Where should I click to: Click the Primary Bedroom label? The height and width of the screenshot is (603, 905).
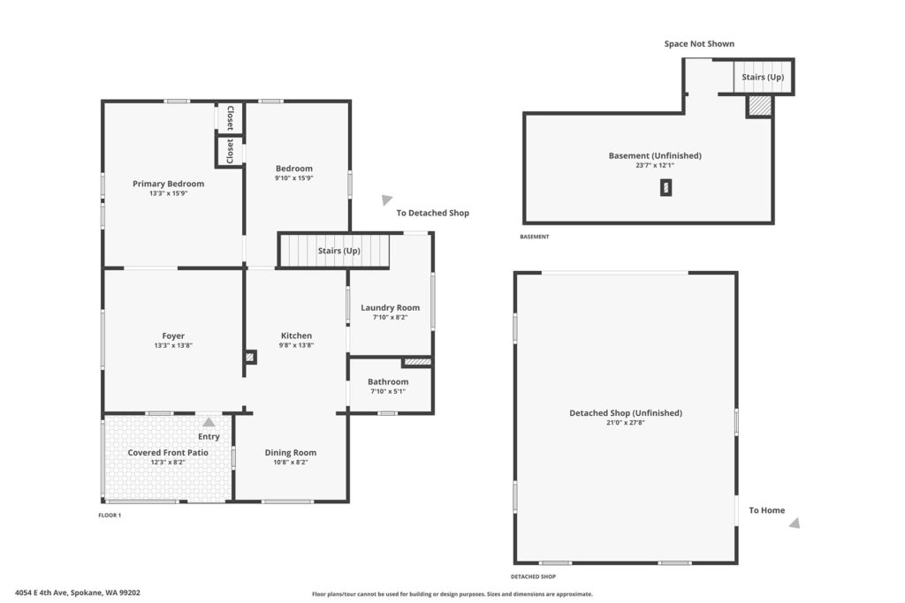click(169, 184)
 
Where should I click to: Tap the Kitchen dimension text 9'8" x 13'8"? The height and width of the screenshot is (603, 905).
click(297, 345)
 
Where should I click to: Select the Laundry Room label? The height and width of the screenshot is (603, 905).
click(390, 308)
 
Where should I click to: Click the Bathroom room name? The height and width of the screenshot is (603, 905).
click(388, 381)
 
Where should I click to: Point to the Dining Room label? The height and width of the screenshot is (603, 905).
click(290, 453)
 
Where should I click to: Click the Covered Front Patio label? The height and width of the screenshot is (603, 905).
click(168, 453)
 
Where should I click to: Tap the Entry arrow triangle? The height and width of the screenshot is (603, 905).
click(209, 422)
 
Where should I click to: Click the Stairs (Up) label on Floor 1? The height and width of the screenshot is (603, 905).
click(338, 251)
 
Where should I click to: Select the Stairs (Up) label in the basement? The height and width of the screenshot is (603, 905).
click(763, 77)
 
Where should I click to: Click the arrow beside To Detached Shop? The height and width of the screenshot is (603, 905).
click(387, 200)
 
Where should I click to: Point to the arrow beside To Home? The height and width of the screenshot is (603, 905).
click(795, 523)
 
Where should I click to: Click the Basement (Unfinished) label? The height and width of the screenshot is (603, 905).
click(655, 155)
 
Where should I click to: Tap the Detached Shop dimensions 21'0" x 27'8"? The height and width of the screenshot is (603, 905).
click(626, 423)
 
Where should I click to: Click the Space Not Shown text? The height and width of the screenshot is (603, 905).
click(699, 44)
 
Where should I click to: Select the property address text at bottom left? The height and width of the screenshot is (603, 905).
click(78, 592)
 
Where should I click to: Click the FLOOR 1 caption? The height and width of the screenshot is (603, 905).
click(110, 516)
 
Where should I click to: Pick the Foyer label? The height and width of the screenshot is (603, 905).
click(173, 336)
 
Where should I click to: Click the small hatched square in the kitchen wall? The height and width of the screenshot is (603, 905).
click(250, 358)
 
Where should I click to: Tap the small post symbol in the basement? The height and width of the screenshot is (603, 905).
click(666, 188)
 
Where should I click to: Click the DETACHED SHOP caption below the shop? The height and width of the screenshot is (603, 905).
click(533, 577)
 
